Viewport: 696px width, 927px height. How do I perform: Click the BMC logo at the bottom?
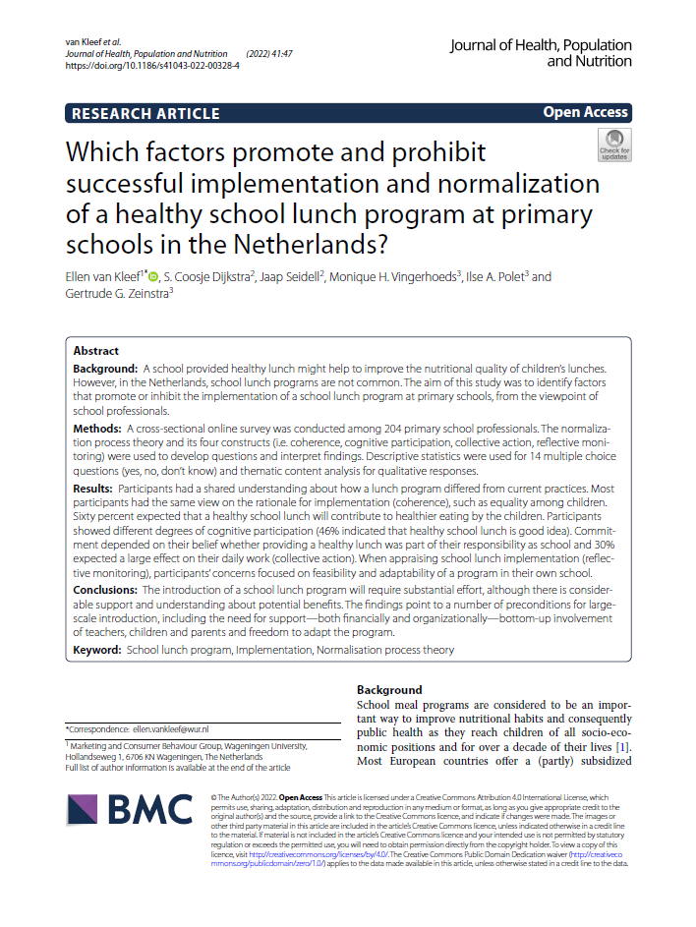click(129, 809)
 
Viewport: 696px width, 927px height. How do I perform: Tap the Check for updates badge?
click(614, 145)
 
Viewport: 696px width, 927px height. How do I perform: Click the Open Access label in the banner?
click(585, 112)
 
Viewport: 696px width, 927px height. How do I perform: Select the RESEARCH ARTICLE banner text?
click(145, 113)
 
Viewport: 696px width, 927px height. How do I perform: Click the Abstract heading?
click(96, 351)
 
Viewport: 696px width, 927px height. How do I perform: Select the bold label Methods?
click(98, 430)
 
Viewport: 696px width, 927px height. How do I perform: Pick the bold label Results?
click(95, 489)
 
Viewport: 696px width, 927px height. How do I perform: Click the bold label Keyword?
click(97, 650)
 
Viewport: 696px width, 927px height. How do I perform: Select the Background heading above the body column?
click(389, 690)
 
